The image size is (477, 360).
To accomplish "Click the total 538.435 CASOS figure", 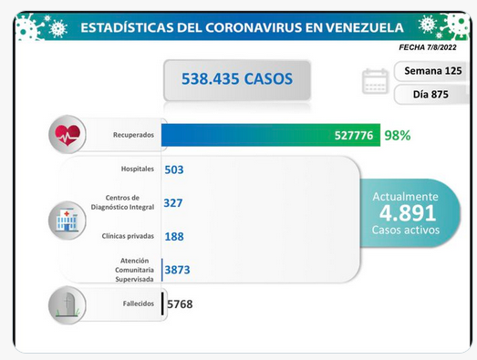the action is (x=237, y=78).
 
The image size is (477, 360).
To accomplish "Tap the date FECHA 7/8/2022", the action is (x=428, y=47).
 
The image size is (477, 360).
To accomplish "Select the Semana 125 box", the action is (x=431, y=71).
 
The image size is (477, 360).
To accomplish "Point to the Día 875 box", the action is (x=431, y=95).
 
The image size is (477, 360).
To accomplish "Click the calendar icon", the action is (x=375, y=81).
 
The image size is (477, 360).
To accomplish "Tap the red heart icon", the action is (x=67, y=135).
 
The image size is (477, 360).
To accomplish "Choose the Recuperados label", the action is (x=133, y=135).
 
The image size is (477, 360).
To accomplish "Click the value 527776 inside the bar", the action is (x=354, y=135).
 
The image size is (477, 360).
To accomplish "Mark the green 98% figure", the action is (x=398, y=135).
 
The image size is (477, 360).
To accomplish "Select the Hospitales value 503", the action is (x=174, y=170).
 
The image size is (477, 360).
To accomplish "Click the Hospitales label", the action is (x=138, y=169).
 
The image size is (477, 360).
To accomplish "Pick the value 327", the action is (x=173, y=203).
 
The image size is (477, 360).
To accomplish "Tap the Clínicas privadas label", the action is (x=128, y=236).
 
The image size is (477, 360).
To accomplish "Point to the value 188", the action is (x=174, y=237).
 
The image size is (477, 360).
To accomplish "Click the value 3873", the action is (x=177, y=270).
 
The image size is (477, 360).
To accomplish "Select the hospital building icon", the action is (x=67, y=221).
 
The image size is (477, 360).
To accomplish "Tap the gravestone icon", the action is (x=67, y=305).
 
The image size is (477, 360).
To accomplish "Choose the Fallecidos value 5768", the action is (x=180, y=304).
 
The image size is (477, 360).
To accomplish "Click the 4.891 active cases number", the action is (x=408, y=213).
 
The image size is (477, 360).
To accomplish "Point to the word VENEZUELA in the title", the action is (x=365, y=27).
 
